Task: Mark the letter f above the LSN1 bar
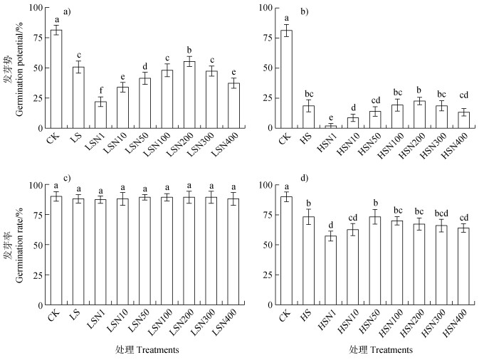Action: click(x=100, y=90)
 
